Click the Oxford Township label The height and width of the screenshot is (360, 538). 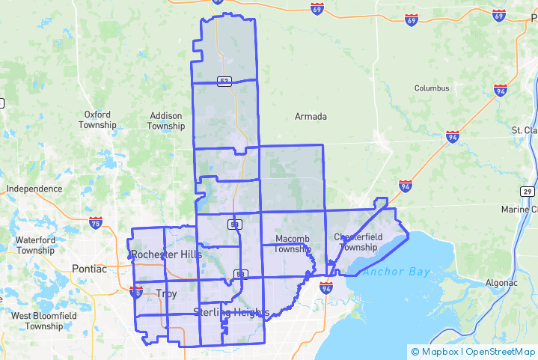coord(97,120)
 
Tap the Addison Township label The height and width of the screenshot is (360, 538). coord(165,121)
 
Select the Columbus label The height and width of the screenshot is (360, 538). coord(432,88)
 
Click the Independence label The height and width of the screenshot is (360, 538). coord(34,189)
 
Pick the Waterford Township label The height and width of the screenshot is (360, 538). coord(34,245)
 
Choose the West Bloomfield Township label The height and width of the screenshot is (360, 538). coord(43,321)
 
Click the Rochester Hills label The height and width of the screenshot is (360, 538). coord(166,254)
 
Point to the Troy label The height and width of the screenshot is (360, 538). coord(166,293)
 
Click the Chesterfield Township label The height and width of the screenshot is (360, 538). coord(358,242)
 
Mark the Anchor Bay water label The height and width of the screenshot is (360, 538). coord(397,272)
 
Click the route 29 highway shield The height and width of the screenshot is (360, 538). coord(528,192)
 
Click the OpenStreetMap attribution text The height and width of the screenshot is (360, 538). coord(501,351)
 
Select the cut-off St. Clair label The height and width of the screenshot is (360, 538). coord(525,130)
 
